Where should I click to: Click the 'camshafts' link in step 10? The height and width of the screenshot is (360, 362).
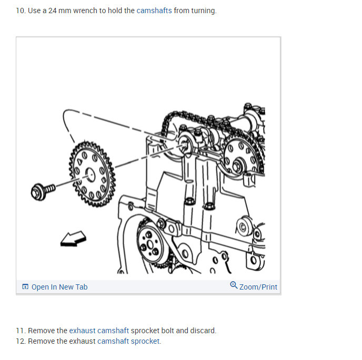point(154,11)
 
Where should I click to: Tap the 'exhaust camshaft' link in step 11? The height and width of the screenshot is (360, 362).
point(99,331)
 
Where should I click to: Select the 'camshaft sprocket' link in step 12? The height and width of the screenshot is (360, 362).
point(128,341)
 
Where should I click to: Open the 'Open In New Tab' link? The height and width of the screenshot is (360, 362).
point(59,287)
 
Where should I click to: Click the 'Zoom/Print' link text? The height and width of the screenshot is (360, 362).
point(258,287)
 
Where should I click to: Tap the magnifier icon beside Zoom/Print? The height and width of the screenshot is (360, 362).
point(234,285)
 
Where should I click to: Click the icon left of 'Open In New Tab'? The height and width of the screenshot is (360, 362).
point(25,286)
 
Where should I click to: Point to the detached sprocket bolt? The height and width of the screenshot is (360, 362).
point(43,191)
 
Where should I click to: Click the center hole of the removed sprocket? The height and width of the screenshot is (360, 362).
point(90,174)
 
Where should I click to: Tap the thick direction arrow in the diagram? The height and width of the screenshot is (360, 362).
point(74,239)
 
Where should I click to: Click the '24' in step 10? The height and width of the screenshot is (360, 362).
point(53,11)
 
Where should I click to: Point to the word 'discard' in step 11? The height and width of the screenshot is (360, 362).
point(203,331)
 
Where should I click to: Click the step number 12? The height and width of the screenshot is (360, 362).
point(21,341)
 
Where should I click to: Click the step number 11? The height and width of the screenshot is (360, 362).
point(21,331)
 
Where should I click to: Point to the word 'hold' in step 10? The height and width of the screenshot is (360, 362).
point(115,11)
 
